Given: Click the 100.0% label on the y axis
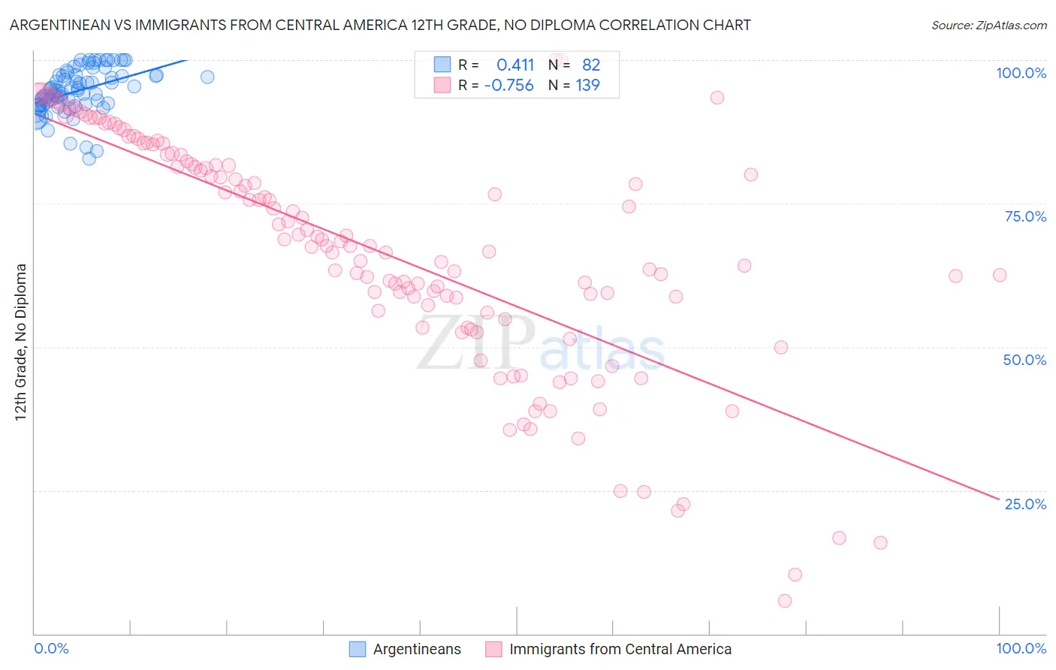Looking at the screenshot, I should coord(1021,73).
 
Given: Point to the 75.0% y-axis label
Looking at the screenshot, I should coord(1025,216).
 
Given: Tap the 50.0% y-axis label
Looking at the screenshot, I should coord(1024,360).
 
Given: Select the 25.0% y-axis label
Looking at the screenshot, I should coord(1025,504).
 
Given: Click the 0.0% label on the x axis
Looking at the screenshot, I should coord(51,648).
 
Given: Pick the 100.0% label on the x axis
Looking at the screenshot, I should coord(1021,648).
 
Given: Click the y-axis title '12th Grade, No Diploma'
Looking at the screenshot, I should coord(21,342).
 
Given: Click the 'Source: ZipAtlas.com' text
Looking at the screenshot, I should coord(988,25).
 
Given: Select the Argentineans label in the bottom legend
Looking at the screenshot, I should coord(417,649).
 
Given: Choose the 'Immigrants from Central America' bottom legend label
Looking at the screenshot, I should coord(620,649).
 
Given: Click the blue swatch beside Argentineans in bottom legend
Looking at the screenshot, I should coord(358,649).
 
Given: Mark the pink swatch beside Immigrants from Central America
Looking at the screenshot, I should coord(493,649).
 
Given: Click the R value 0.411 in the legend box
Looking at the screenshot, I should coord(515,65).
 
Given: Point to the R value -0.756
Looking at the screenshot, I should coord(509,86).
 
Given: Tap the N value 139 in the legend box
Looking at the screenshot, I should coord(587,86).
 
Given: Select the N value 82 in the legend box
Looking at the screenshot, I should coord(591,65).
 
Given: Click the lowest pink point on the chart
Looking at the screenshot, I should coord(785,601).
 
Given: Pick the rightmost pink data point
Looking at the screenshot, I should coord(1000,275).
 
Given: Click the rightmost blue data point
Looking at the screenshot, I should coord(207,77).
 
